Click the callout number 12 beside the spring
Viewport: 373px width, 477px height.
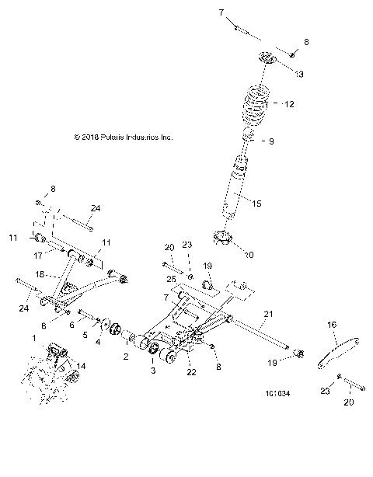(290, 104)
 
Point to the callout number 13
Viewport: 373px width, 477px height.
(299, 74)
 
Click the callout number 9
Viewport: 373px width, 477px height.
(270, 141)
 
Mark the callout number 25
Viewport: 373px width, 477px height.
(171, 279)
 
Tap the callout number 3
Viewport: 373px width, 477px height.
(152, 373)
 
